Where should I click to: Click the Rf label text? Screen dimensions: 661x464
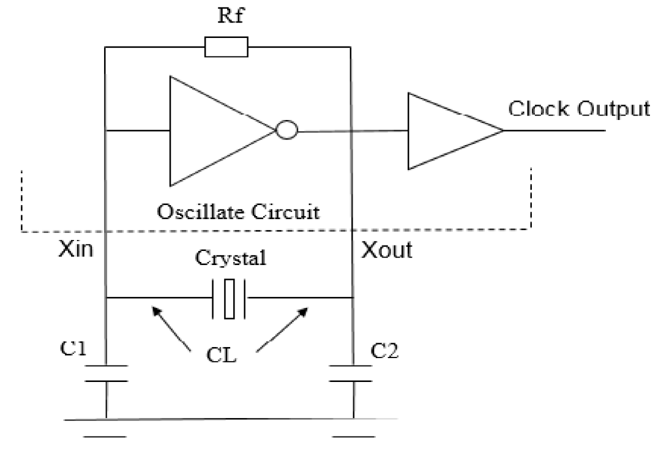pos(231,15)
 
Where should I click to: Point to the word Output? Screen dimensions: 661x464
pos(613,110)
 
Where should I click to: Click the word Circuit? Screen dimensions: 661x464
pos(285,212)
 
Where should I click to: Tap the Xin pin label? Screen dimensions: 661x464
pos(75,249)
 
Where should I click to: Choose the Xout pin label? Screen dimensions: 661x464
pos(387,250)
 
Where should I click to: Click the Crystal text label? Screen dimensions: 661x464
pos(231,258)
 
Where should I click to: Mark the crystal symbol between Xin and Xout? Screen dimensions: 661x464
pos(229,298)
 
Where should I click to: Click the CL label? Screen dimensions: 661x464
pos(222,355)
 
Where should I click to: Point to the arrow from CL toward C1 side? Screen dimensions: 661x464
pos(171,329)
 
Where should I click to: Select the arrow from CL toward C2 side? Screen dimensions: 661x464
pos(282,329)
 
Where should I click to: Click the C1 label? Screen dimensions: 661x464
pos(73,348)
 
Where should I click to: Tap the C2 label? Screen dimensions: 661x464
pos(384,351)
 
